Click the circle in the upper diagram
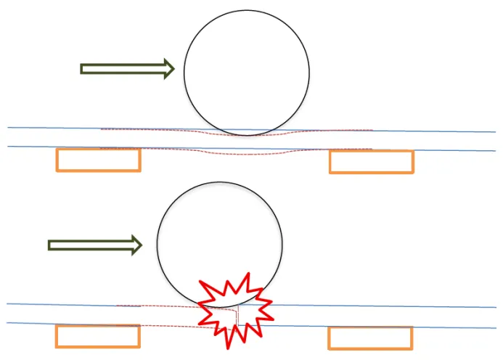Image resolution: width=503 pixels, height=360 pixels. click(x=247, y=73)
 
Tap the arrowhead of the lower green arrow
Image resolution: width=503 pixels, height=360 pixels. click(x=138, y=245)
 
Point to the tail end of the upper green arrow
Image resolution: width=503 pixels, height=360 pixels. click(x=82, y=69)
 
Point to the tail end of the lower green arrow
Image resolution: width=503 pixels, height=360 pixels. click(x=50, y=245)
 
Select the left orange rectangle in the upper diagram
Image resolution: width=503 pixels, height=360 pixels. click(x=98, y=160)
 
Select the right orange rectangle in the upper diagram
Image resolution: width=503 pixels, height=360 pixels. click(x=371, y=162)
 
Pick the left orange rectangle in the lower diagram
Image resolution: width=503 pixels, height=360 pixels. click(x=97, y=336)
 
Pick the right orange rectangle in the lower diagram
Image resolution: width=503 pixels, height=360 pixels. click(x=370, y=338)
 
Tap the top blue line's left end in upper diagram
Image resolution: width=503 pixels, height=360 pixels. click(x=9, y=128)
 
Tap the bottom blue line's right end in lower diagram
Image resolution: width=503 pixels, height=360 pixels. click(x=495, y=327)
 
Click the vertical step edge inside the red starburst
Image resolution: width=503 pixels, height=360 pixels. click(x=238, y=316)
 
